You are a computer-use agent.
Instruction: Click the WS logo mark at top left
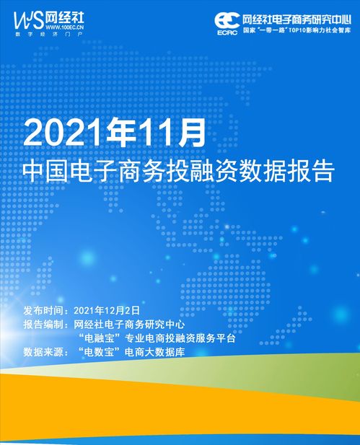click(x=28, y=17)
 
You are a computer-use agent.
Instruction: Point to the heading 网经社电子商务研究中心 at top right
click(x=296, y=18)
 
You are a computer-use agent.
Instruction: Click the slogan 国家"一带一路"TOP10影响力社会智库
click(x=296, y=32)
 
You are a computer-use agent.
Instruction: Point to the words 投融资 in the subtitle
click(x=208, y=174)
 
